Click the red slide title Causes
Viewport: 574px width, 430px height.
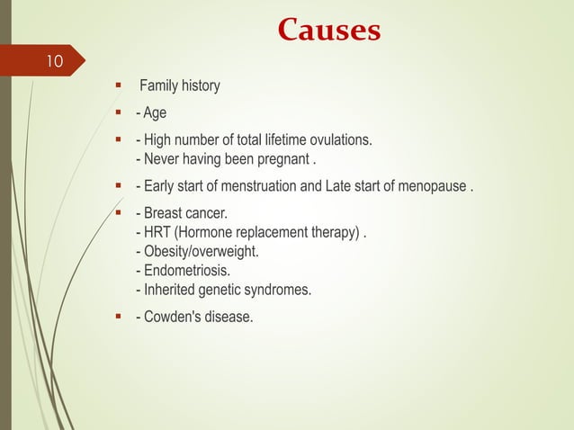[328, 31]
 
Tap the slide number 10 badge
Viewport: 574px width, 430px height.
[54, 62]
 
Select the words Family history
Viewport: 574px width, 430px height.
[179, 86]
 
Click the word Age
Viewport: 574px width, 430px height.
[154, 113]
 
